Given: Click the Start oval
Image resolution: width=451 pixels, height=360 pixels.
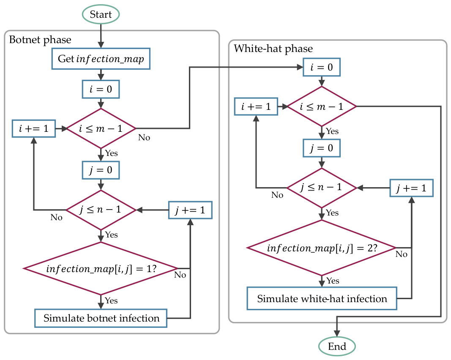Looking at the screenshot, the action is click(101, 14).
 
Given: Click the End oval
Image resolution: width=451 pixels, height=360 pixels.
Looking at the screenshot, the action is click(337, 346).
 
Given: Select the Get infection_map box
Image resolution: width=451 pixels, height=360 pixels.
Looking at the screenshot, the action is click(101, 59).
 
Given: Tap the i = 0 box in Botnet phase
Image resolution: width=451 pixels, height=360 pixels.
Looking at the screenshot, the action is click(101, 89).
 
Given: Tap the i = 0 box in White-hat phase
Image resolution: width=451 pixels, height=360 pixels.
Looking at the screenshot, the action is click(322, 67).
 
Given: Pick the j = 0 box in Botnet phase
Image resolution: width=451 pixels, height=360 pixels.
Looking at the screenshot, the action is click(101, 170).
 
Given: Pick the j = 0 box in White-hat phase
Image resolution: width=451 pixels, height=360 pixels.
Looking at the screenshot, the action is click(322, 148).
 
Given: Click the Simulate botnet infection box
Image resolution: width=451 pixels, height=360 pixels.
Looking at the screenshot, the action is click(101, 318).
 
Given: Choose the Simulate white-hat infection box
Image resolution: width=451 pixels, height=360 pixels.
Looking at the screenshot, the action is click(322, 298).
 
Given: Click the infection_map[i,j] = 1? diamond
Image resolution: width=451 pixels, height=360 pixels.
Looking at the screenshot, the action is click(101, 269).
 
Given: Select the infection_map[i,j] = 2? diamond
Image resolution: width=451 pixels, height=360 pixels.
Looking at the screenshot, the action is click(322, 248).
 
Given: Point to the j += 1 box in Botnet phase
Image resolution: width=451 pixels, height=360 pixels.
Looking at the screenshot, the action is click(190, 210).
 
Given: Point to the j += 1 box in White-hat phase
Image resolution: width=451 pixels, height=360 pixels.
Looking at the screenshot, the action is click(411, 188).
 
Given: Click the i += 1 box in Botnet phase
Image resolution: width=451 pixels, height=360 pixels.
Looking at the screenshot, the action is click(34, 128).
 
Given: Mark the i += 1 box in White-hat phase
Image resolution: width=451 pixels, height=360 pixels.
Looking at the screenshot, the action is click(256, 106).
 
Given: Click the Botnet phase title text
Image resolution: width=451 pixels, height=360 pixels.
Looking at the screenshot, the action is click(40, 40).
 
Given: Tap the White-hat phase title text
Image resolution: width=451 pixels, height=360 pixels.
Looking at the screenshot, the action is click(273, 49).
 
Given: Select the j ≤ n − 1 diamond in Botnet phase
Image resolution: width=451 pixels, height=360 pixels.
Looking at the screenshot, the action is click(101, 210).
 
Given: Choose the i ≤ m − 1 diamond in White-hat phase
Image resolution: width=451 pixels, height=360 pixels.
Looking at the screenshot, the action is click(322, 106).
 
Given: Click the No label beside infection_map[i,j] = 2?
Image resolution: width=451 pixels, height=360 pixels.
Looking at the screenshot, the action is click(401, 254).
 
